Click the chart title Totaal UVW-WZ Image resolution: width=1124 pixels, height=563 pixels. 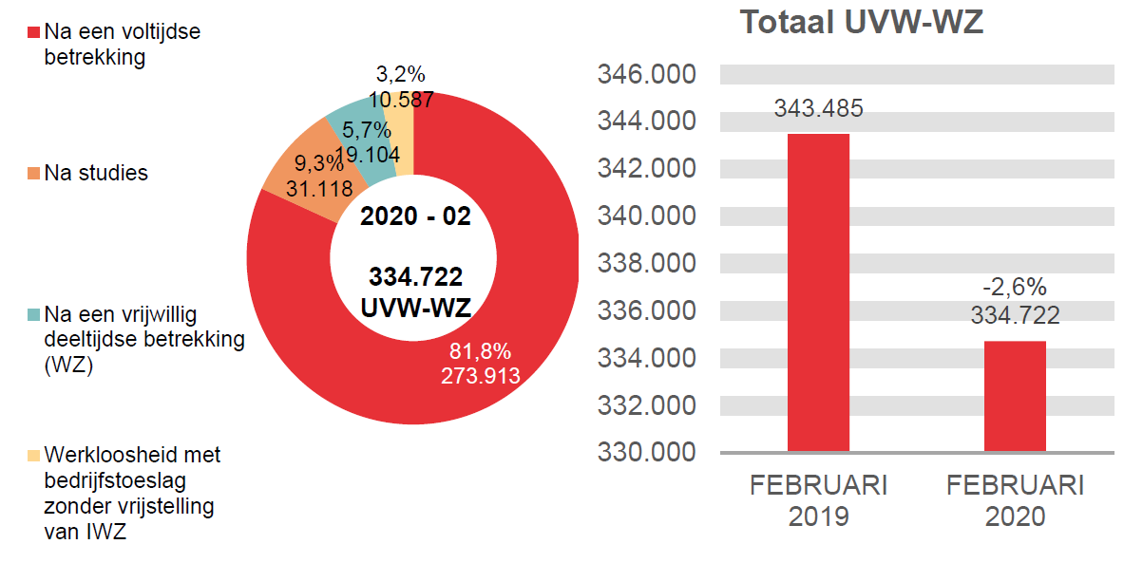coord(861,22)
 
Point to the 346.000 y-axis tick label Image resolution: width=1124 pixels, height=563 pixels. coord(646,75)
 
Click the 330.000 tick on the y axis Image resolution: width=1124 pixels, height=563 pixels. coord(646,452)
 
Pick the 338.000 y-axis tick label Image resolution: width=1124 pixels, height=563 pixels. coord(646,264)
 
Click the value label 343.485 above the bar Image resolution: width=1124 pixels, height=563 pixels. coord(818,108)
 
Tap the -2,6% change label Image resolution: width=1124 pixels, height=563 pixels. coord(1015,288)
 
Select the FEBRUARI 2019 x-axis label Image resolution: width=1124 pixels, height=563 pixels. coord(818,501)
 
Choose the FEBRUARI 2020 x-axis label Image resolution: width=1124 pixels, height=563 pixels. coord(1015,501)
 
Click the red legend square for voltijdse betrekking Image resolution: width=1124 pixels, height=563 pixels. coord(34,32)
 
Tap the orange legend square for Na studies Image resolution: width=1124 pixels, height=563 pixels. coord(34,174)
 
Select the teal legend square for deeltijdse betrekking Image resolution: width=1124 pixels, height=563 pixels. coord(34,314)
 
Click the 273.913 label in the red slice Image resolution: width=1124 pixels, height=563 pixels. coord(480,375)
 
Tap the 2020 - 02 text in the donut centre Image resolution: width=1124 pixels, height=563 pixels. coord(415,216)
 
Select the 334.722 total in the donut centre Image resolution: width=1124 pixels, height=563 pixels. coord(415,277)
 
